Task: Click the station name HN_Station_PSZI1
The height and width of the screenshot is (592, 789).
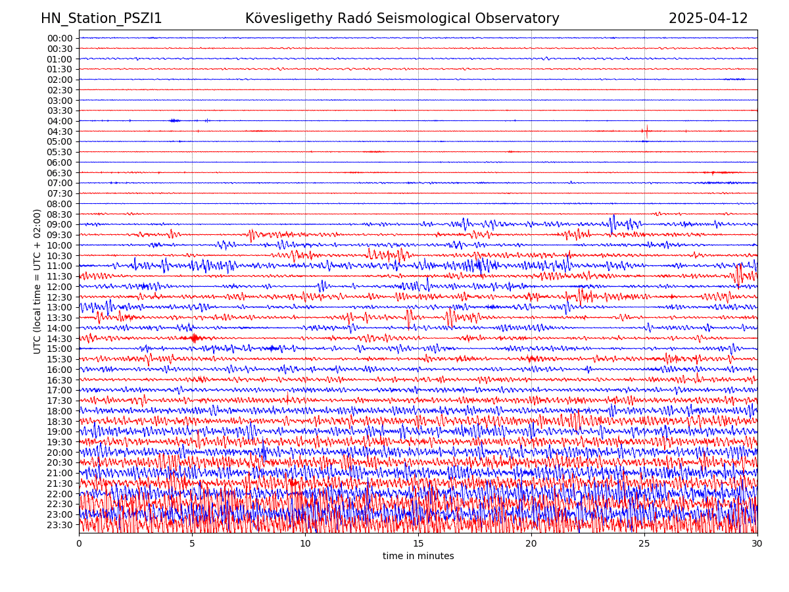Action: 101,18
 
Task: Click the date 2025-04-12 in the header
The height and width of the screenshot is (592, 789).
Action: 708,18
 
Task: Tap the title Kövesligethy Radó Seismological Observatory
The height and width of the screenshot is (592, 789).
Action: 402,18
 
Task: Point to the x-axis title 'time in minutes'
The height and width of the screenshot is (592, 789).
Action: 418,556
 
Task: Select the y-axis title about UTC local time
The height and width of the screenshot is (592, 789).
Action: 37,282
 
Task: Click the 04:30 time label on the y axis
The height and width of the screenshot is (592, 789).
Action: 60,131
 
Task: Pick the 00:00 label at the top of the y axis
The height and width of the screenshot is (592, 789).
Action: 60,38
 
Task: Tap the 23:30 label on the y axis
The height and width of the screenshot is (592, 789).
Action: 60,525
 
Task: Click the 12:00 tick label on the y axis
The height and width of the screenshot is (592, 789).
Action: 60,287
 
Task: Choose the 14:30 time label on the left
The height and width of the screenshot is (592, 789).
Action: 60,338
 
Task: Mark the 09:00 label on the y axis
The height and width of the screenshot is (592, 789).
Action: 60,224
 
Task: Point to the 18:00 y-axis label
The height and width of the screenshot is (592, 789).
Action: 60,411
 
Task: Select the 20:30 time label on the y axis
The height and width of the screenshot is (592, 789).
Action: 60,462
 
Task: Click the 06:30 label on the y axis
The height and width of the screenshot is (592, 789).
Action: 60,172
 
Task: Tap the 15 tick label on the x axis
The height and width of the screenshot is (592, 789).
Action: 418,543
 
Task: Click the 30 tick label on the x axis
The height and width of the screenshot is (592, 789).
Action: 757,543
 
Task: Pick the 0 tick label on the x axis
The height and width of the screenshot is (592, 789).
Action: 79,543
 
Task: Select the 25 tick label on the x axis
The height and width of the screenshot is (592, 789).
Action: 644,543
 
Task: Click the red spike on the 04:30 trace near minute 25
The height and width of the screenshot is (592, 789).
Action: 646,130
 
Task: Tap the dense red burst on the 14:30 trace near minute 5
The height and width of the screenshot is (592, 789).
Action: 194,338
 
